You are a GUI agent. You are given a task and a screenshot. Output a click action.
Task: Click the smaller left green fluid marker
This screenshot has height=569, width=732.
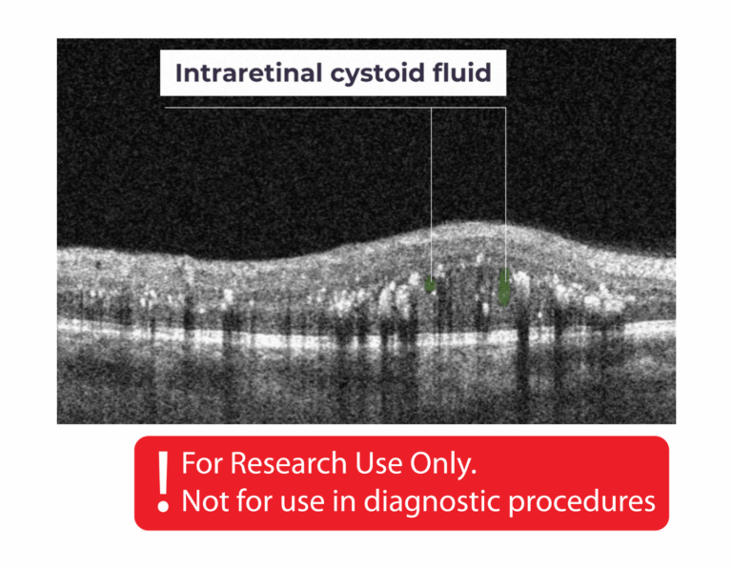click(431, 284)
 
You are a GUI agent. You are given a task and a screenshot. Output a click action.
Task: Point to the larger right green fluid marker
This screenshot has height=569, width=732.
click(504, 286)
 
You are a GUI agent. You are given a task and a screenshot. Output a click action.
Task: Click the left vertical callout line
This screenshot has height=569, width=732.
click(431, 191)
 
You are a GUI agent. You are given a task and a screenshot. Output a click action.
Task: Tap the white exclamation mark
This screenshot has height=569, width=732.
click(164, 480)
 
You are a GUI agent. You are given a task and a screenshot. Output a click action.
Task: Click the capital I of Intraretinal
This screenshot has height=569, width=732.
click(179, 72)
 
